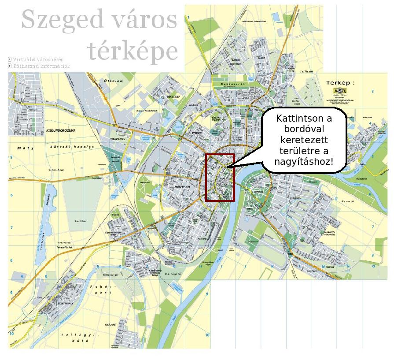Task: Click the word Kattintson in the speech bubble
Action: pyautogui.click(x=304, y=119)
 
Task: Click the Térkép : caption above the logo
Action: pyautogui.click(x=340, y=82)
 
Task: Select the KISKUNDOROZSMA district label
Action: pyautogui.click(x=61, y=131)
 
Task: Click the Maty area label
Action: pyautogui.click(x=22, y=148)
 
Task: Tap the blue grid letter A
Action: pyautogui.click(x=21, y=277)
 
